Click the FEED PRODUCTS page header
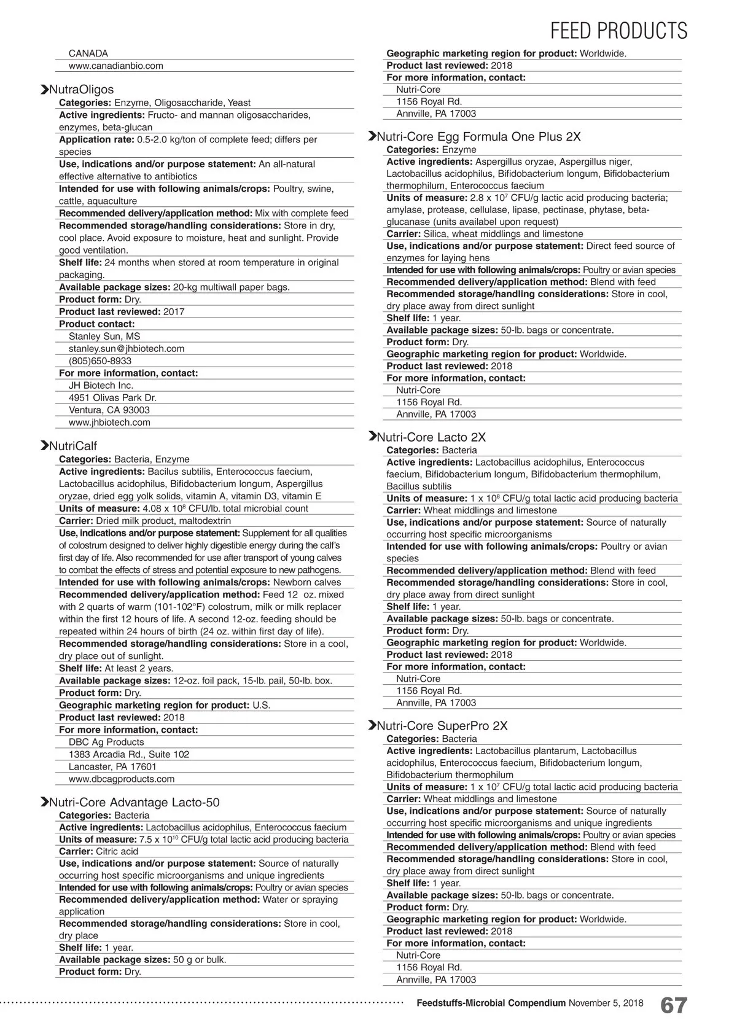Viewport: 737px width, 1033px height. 618,31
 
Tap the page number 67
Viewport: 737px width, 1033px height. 673,1006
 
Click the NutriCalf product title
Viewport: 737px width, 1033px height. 72,446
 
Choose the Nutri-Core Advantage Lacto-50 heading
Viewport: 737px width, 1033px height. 133,803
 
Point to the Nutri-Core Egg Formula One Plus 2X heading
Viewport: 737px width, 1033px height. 478,136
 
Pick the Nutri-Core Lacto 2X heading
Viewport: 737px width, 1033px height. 431,437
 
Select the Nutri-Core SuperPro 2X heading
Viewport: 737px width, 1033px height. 442,726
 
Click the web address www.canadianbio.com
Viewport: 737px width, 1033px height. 115,66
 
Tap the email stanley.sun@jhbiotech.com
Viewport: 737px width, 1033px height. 126,348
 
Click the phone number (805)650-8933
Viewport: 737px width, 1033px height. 99,361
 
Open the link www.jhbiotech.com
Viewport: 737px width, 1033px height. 109,422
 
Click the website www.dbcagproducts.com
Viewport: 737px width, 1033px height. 121,779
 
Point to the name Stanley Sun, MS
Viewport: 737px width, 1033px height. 104,336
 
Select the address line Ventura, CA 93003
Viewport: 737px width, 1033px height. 109,410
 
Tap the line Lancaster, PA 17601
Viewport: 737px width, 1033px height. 112,766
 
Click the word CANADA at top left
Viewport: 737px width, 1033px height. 88,53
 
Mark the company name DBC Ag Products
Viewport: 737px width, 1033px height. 106,742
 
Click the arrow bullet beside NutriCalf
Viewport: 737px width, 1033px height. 44,446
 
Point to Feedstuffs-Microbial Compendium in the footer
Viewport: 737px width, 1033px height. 491,1003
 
